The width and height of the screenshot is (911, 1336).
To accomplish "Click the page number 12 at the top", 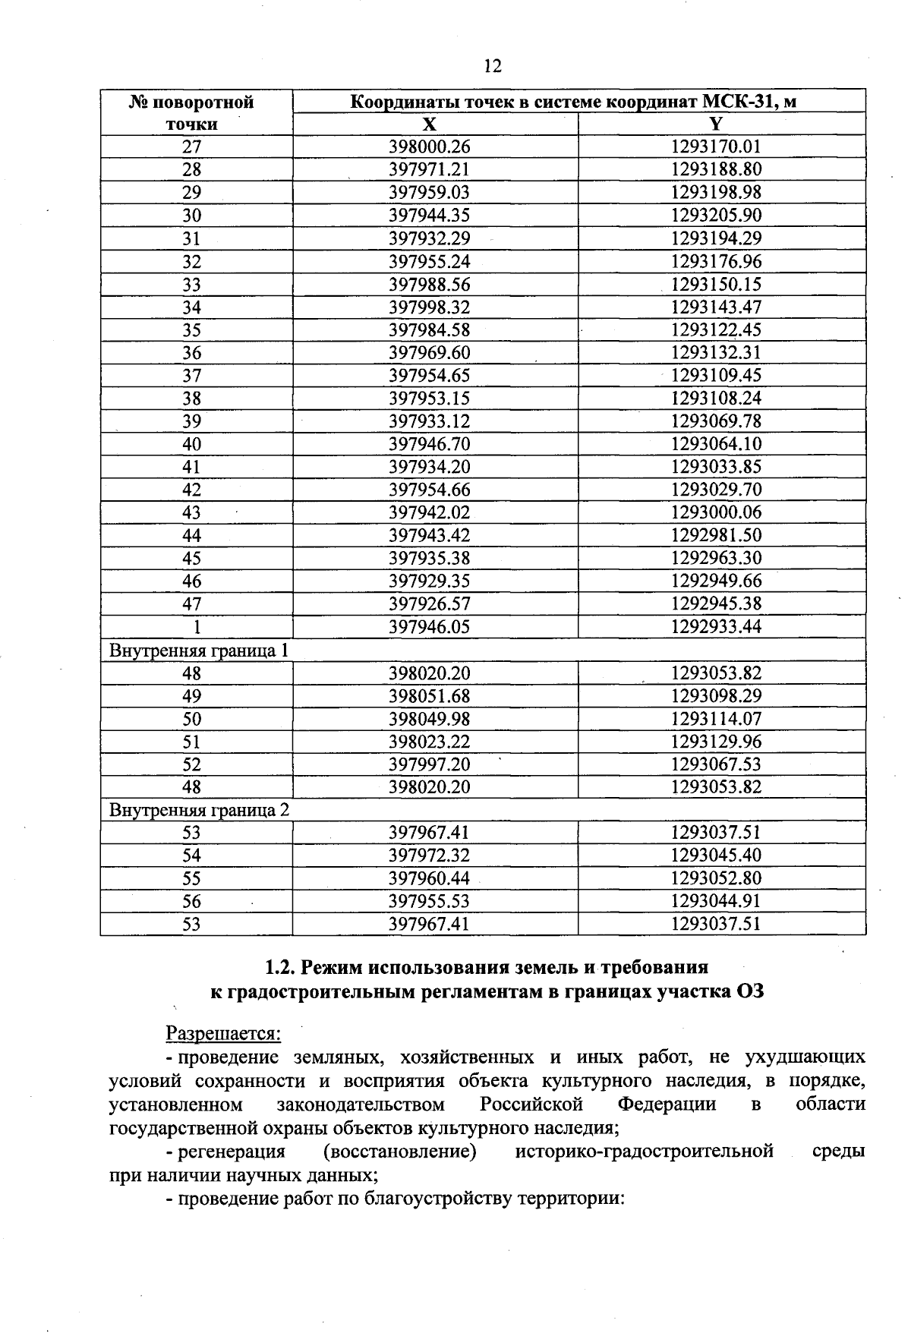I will point(492,67).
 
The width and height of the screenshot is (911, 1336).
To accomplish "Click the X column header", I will point(430,124).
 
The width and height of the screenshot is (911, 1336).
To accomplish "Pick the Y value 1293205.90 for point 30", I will point(716,216).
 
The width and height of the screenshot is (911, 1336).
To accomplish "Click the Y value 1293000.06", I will point(716,512).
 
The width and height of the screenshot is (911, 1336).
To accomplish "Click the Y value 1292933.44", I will point(716,627).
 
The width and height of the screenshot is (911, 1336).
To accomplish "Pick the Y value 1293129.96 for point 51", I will point(716,742).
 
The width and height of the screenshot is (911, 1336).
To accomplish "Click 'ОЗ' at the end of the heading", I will point(749,991).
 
